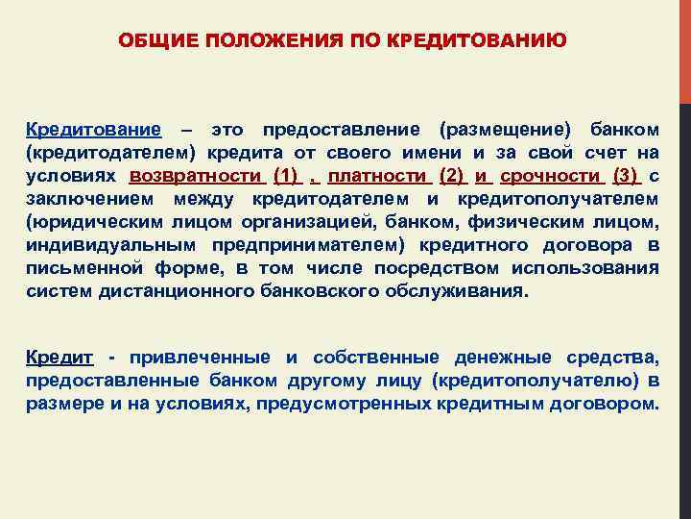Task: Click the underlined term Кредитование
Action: pos(93,129)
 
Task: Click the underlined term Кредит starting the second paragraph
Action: pos(60,358)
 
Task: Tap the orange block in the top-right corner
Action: pos(684,48)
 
